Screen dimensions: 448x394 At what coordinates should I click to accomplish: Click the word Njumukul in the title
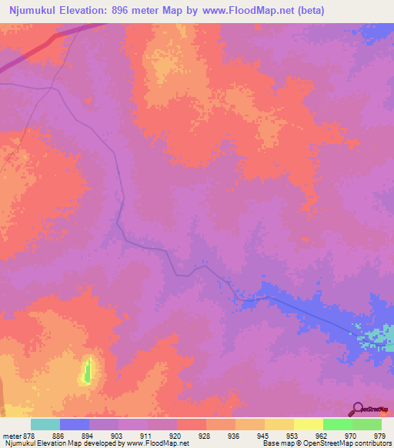[x=32, y=11]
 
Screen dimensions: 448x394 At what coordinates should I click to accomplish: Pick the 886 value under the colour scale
[x=59, y=436]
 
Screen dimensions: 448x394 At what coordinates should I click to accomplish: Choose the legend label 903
[x=118, y=436]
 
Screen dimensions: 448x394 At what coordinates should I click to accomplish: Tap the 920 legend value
[x=176, y=436]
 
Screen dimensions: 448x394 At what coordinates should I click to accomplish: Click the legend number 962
[x=322, y=436]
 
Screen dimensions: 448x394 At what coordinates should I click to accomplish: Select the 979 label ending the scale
[x=379, y=436]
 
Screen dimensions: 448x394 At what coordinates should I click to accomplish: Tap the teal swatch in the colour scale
[x=45, y=424]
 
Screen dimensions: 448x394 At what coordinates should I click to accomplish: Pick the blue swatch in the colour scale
[x=75, y=424]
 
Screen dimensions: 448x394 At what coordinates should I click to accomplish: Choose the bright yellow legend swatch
[x=309, y=424]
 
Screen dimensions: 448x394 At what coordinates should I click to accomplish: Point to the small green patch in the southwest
[x=87, y=371]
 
